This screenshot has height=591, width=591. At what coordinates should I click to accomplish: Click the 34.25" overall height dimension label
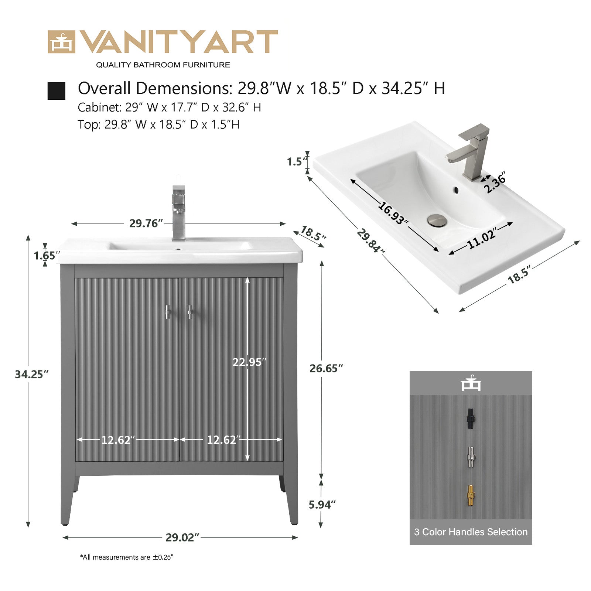click(x=32, y=374)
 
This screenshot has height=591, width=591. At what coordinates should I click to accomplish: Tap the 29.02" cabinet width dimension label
click(x=182, y=537)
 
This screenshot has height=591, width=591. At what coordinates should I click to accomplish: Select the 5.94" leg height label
click(x=322, y=504)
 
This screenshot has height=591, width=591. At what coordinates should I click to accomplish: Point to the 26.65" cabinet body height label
click(x=326, y=368)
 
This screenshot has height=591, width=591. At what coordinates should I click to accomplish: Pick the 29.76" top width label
click(x=146, y=223)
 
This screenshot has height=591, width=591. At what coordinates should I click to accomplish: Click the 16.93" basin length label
click(x=393, y=213)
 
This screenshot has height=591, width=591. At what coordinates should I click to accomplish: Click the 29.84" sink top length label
click(x=370, y=241)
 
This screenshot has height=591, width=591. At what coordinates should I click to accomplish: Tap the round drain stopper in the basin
click(x=437, y=221)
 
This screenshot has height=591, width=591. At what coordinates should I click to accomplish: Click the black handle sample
click(x=471, y=419)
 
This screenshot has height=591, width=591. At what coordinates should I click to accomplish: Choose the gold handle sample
click(x=471, y=495)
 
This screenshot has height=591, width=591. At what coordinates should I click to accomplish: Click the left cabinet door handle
click(x=167, y=312)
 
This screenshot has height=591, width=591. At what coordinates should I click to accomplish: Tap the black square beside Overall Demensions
click(x=57, y=91)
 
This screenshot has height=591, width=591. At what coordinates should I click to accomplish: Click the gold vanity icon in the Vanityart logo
click(x=61, y=42)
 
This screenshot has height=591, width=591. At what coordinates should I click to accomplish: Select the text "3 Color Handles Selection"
click(x=471, y=532)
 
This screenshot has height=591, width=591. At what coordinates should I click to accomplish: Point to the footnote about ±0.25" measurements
click(x=126, y=557)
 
